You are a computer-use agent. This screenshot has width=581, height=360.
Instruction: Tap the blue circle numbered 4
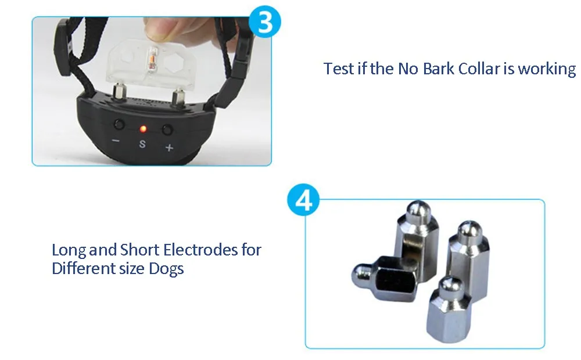point(304,201)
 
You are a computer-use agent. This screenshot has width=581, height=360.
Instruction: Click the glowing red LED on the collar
point(143,129)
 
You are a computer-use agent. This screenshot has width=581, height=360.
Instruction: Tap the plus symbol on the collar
point(169,147)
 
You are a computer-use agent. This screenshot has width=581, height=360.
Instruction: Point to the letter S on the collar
point(142,143)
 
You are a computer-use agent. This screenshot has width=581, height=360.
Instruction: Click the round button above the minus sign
point(119,124)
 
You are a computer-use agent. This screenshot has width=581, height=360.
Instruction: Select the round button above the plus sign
point(167,129)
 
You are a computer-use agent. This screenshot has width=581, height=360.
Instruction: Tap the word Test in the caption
point(339,69)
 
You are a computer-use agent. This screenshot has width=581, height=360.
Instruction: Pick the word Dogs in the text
point(166,268)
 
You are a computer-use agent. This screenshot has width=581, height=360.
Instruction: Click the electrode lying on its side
point(385,278)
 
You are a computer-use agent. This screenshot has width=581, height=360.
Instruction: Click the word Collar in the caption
point(479,69)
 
